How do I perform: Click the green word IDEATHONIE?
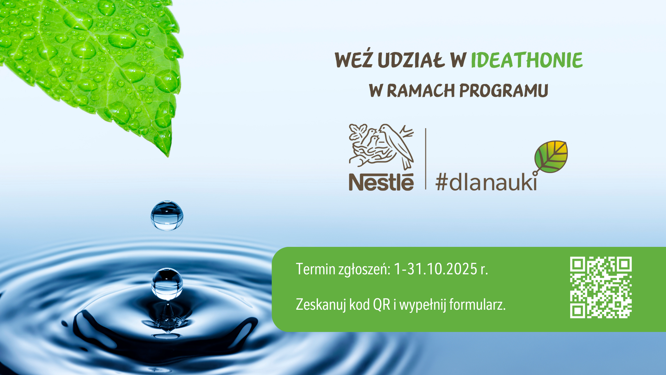click(527, 60)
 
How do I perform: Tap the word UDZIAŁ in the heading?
click(411, 60)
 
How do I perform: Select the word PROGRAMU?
click(504, 91)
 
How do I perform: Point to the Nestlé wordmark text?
click(381, 182)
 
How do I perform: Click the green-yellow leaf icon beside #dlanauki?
click(551, 157)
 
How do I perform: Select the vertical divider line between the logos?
click(426, 159)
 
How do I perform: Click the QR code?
click(601, 287)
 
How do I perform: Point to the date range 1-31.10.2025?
click(436, 269)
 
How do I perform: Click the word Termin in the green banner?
click(316, 269)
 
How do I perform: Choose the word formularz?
click(477, 305)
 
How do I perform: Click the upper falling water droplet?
click(167, 215)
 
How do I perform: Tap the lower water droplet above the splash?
click(167, 284)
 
